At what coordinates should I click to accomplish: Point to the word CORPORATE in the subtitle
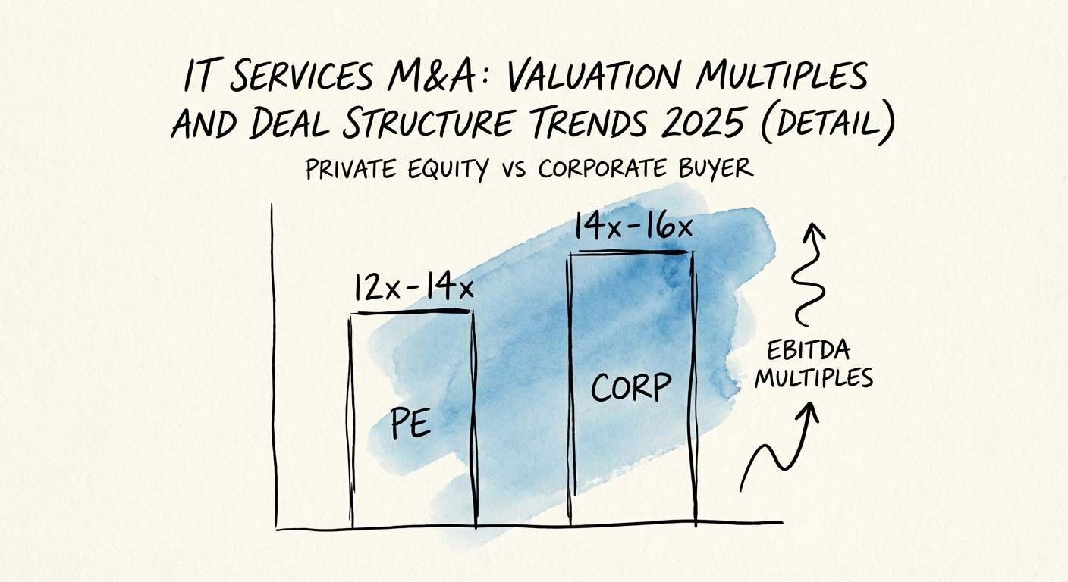coord(604,168)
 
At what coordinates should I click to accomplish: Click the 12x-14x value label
coord(413,289)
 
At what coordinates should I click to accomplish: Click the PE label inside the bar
coord(410,425)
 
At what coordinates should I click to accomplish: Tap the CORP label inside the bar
coord(630,387)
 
